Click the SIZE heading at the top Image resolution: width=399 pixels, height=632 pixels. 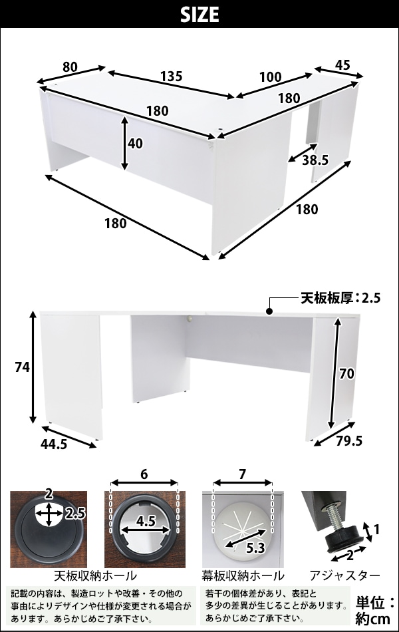(x=199, y=15)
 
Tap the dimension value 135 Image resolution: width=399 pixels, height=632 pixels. (x=172, y=76)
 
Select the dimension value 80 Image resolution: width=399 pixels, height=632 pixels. (x=70, y=66)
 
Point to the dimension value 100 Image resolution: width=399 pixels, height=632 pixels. (x=271, y=77)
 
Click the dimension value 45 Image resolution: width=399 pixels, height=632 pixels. (x=342, y=65)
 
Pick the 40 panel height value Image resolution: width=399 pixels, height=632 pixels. (x=135, y=144)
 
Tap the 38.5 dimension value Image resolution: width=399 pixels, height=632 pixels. (x=316, y=160)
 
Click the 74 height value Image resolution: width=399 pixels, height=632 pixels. (x=22, y=367)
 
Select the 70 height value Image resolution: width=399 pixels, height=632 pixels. (x=346, y=374)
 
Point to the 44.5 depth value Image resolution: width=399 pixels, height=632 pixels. (x=54, y=444)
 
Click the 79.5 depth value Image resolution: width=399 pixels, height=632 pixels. (x=349, y=441)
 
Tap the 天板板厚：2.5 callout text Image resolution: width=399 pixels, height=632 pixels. (x=340, y=298)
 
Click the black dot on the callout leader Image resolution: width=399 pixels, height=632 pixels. (x=269, y=311)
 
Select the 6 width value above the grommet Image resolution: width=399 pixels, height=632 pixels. (x=144, y=475)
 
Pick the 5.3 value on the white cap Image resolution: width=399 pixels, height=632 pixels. (x=255, y=548)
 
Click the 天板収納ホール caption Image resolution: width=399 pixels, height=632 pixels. (x=95, y=576)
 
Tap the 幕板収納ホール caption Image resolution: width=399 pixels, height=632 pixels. (x=243, y=576)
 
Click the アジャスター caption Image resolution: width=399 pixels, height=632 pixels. (x=345, y=576)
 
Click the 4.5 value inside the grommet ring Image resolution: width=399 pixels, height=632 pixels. (x=146, y=522)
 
